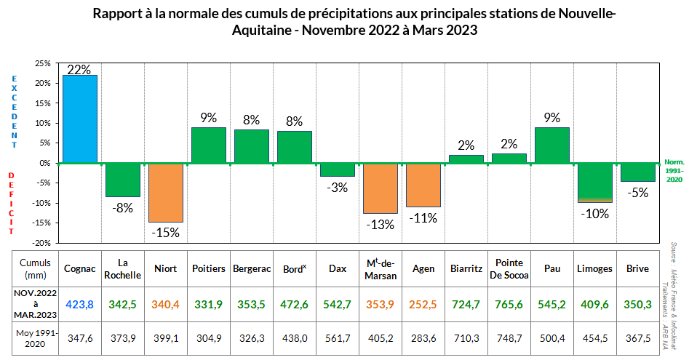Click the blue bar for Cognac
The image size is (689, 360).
coord(80,119)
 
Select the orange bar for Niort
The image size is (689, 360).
coord(166,192)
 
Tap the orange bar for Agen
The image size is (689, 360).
coord(423,185)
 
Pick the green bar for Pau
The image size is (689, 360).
coord(552,145)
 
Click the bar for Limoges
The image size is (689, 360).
coord(595,182)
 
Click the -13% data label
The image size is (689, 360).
coord(381,225)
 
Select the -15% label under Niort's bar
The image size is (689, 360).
coord(166,233)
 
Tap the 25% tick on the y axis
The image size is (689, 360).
coord(41,64)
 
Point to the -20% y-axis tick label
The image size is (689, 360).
coord(40,243)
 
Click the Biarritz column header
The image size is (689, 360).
coord(466,269)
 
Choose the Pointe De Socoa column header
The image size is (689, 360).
coord(509,269)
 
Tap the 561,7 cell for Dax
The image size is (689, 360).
coord(338,340)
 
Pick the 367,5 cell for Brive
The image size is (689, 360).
coord(638,340)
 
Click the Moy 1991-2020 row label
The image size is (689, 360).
coord(35,340)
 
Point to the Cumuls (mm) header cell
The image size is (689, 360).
coord(35,269)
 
